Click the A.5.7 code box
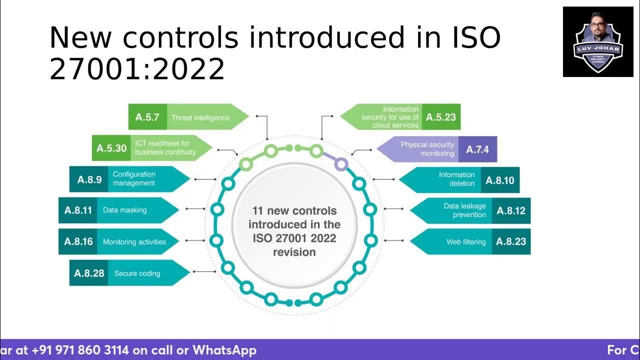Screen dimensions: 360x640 (147, 117)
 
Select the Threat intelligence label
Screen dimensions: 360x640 (200, 118)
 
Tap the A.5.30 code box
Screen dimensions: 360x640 (111, 148)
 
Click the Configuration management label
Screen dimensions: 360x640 (134, 178)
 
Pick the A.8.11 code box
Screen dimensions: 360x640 (78, 210)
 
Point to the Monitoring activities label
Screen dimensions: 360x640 (134, 242)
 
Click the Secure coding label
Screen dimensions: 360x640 (137, 273)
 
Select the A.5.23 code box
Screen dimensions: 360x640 (440, 117)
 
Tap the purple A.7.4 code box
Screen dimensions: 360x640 (477, 149)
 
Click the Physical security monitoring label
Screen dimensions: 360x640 (427, 149)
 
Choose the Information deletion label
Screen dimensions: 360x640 (456, 179)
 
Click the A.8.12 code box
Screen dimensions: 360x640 (510, 210)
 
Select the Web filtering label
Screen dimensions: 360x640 (465, 242)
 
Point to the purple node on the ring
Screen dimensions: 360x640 (340, 163)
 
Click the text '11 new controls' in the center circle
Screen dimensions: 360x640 (294, 211)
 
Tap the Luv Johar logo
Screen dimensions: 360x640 (597, 42)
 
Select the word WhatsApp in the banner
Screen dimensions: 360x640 (224, 350)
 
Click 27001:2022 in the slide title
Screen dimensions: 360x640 (137, 68)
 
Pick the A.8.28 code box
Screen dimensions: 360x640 (89, 273)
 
